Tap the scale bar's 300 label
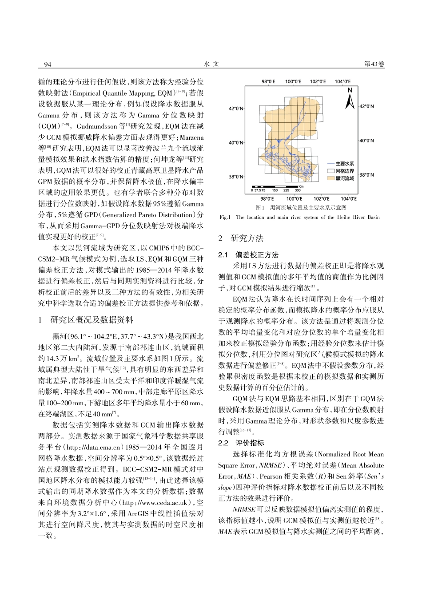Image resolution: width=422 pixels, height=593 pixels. coord(297,190)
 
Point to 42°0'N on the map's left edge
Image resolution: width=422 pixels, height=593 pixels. coord(236,108)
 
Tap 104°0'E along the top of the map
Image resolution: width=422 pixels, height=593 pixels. coord(343,82)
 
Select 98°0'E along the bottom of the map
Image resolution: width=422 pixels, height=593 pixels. coord(267,199)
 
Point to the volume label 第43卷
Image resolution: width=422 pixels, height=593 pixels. coord(374,65)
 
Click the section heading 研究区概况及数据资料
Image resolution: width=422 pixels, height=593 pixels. coord(92,320)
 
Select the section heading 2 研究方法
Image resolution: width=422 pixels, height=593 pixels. coord(247,238)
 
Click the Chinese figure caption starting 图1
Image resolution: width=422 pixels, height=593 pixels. coord(301,208)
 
